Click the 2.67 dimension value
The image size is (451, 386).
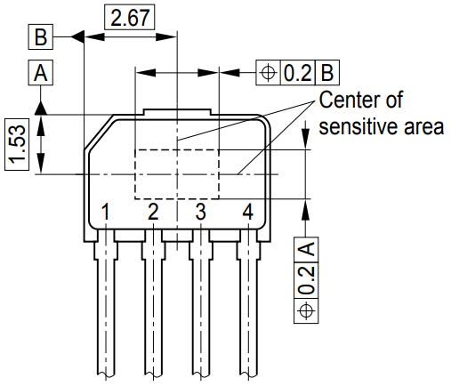coord(130,17)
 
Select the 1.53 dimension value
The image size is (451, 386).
coord(17,144)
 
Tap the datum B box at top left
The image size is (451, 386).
coord(41,36)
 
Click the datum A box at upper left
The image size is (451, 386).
coord(41,73)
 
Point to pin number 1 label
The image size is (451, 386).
coord(105,212)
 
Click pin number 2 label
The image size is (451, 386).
coord(153,212)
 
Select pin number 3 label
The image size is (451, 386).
coord(200,212)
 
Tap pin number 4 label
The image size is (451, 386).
coord(248,212)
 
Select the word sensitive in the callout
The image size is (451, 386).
coord(358,126)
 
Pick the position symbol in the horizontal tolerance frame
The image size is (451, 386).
coord(268,73)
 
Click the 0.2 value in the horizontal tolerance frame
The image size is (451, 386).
coord(297,73)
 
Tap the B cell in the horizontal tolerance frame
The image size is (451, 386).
coord(327,73)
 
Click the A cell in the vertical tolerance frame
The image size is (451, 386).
coord(306,250)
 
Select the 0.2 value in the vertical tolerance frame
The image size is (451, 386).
coord(306,280)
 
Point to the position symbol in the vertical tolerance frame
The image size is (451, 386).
coord(306,311)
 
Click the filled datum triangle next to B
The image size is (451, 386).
coord(78,36)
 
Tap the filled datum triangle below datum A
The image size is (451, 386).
coord(41,108)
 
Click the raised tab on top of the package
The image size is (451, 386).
coord(177,112)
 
